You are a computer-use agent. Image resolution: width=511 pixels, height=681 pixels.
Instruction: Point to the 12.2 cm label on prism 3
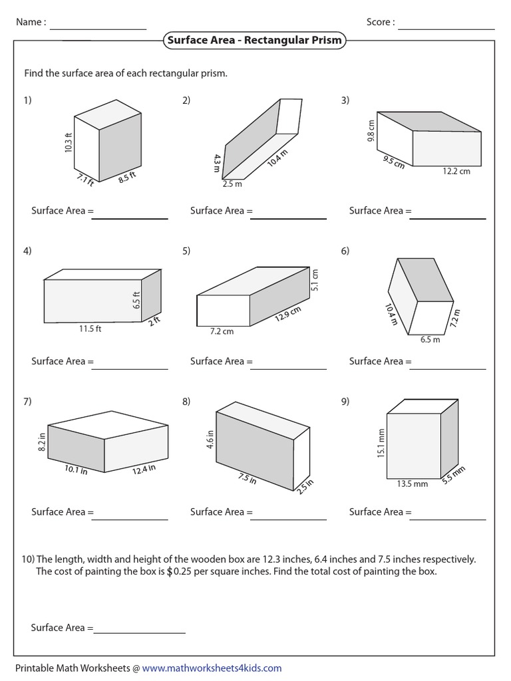tap(456, 171)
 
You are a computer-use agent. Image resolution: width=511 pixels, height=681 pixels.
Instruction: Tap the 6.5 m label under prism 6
tap(430, 339)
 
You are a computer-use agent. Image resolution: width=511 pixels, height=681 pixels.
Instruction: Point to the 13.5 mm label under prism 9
tap(413, 484)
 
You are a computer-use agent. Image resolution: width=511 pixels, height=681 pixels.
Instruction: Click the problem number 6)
tap(345, 251)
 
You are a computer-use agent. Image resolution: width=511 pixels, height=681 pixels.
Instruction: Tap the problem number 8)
tap(186, 402)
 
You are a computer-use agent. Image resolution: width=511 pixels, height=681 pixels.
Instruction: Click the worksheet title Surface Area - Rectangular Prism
tap(255, 40)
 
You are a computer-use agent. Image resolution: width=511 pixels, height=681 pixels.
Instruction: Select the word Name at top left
tap(29, 22)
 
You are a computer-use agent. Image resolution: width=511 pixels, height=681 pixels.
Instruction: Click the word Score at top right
tap(379, 22)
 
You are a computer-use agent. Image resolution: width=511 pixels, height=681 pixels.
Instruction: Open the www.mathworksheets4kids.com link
tap(212, 668)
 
